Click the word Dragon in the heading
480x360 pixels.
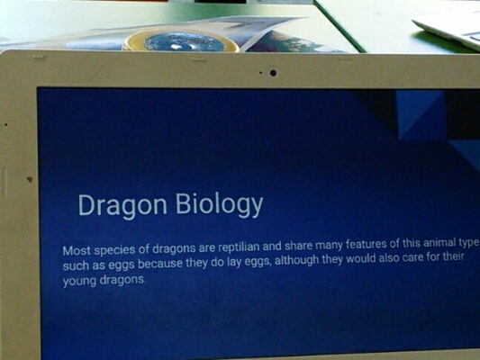click(x=122, y=206)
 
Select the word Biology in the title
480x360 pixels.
click(x=219, y=204)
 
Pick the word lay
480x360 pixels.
click(x=234, y=263)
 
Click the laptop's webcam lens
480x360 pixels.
click(x=273, y=73)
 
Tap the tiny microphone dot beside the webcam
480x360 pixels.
click(x=260, y=73)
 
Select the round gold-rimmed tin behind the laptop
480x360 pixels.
click(x=181, y=42)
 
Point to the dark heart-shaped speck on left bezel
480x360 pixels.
click(x=30, y=179)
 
